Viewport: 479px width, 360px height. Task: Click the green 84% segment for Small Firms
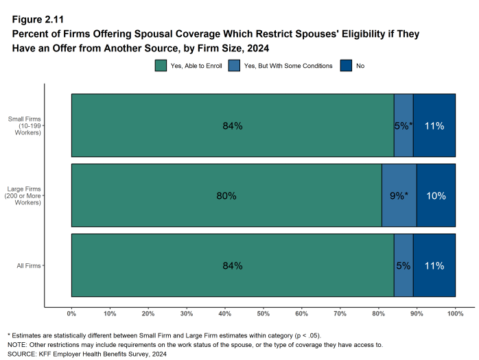click(232, 126)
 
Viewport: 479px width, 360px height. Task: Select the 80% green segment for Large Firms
click(226, 195)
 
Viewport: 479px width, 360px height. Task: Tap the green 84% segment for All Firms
click(232, 265)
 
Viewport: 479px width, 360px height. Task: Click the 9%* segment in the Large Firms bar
click(399, 195)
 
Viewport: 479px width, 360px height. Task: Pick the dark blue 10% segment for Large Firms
click(436, 195)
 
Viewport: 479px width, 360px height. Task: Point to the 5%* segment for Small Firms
click(404, 126)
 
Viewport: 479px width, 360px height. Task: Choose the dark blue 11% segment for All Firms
click(434, 265)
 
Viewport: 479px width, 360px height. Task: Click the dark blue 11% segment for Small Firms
click(434, 126)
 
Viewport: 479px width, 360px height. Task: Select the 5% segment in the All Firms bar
click(404, 265)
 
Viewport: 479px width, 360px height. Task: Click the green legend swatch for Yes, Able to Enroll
click(161, 66)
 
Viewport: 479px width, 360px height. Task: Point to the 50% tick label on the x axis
click(263, 313)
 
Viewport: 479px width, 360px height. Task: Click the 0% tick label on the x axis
click(71, 313)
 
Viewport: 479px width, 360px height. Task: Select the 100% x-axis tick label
click(455, 313)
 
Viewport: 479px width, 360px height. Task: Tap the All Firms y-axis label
click(28, 265)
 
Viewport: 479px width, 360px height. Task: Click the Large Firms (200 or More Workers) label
click(24, 195)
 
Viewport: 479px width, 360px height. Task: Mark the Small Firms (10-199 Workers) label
click(25, 126)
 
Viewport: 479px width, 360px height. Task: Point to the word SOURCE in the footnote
click(22, 354)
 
